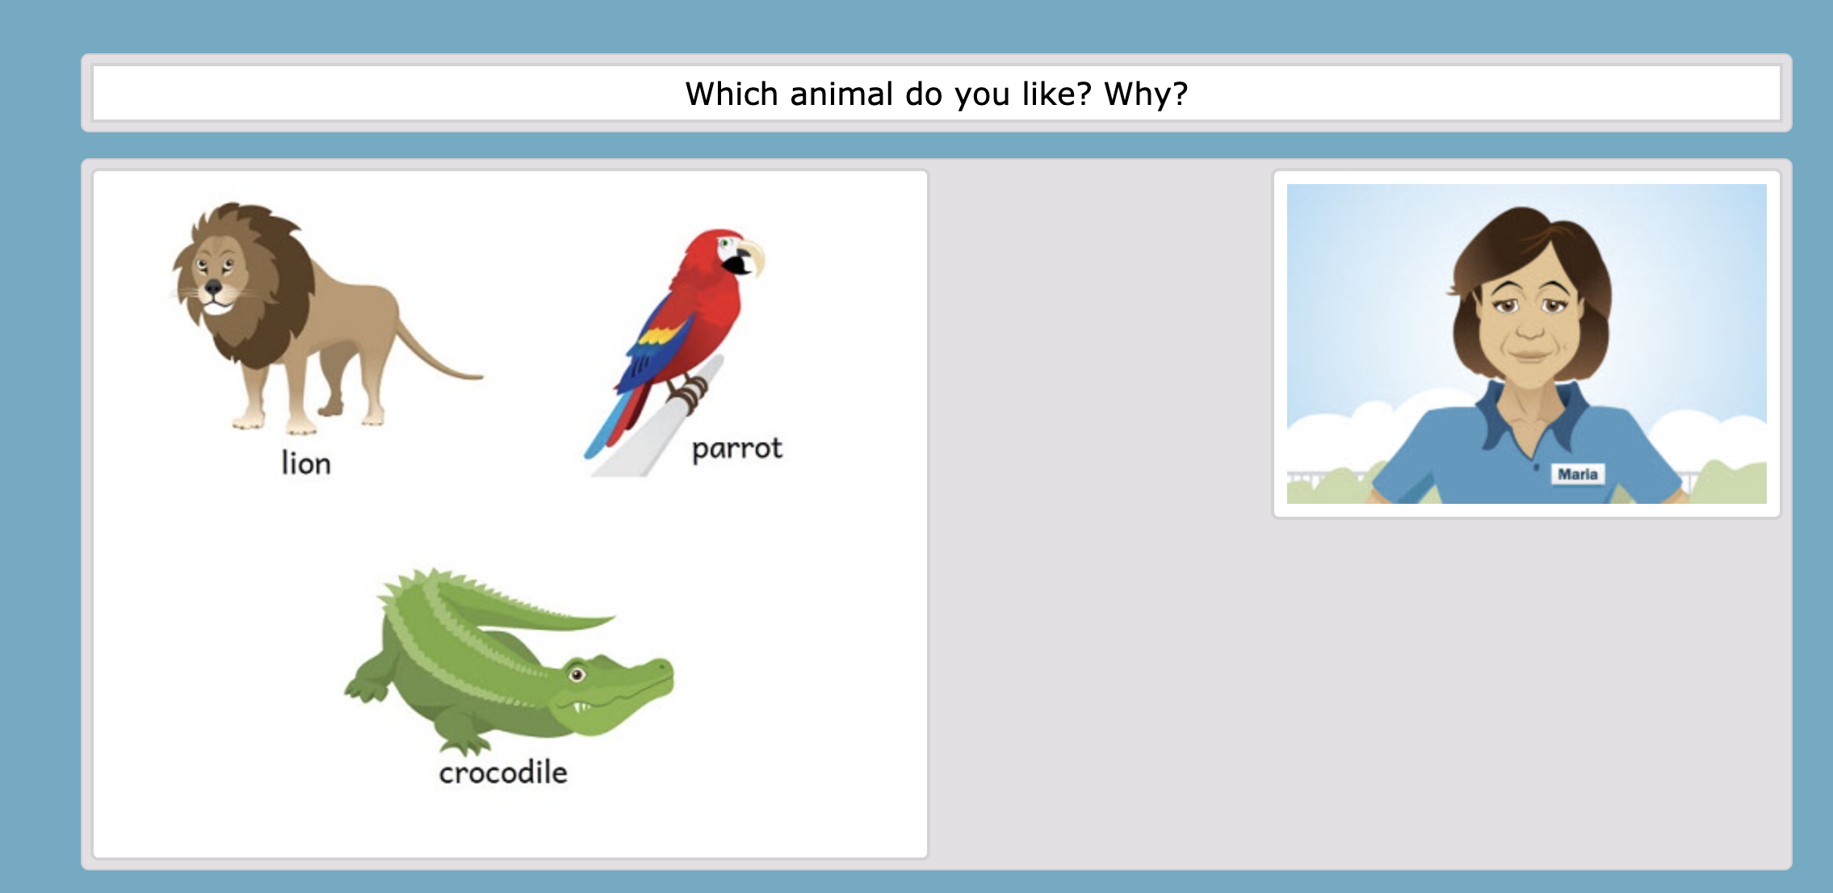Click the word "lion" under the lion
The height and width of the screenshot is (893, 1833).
(306, 463)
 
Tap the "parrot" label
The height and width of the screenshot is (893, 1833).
(737, 449)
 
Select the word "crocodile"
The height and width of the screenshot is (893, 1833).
(503, 773)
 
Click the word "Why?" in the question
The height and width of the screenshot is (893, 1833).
(1146, 94)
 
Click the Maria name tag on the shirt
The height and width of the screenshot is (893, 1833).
(1578, 475)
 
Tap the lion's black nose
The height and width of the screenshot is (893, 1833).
(213, 287)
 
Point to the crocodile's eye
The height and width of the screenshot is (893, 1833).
(577, 674)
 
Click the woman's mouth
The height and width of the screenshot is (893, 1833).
(1531, 354)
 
